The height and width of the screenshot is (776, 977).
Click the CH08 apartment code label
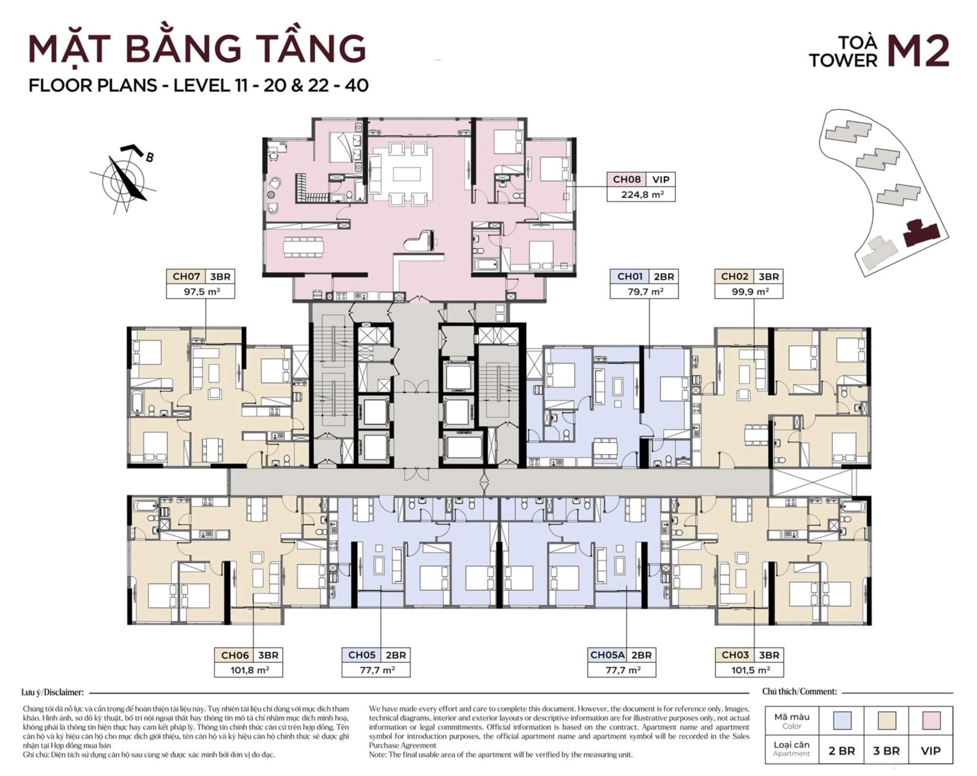click(626, 179)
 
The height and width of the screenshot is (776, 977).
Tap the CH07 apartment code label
click(186, 277)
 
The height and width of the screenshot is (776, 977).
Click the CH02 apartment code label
click(735, 277)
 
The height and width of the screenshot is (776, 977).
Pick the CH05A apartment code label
click(607, 655)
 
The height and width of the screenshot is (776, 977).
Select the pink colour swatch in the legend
click(931, 720)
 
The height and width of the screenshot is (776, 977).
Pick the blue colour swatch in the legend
click(842, 720)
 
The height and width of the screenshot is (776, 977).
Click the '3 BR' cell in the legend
click(886, 751)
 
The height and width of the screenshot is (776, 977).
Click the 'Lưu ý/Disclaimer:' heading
click(53, 692)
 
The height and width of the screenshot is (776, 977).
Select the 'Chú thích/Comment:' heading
click(799, 691)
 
